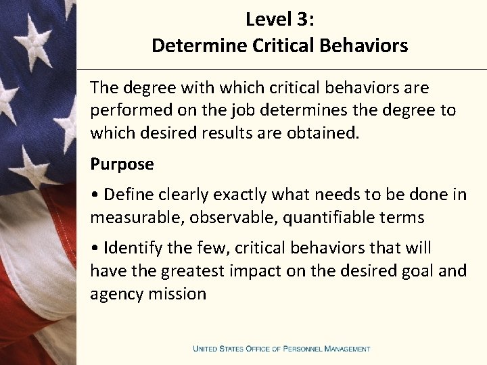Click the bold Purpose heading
click(x=122, y=164)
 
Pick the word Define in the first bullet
click(x=128, y=195)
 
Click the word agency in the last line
click(x=112, y=294)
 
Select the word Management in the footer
click(x=347, y=349)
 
